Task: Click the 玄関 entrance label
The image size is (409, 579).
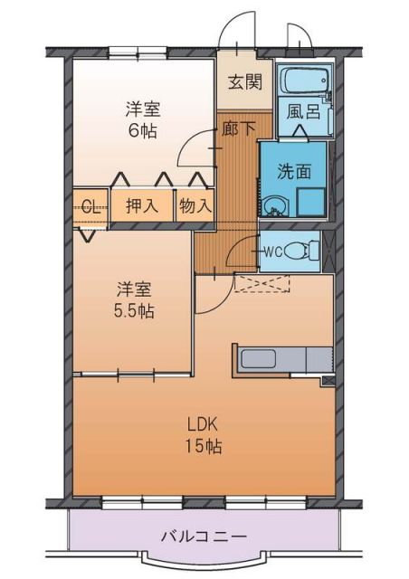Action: [x=244, y=82]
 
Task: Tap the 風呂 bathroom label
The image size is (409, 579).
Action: [x=301, y=113]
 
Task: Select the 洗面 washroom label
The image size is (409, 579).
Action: [x=295, y=169]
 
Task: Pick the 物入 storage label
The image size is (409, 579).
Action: [x=195, y=205]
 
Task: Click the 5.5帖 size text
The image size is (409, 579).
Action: [x=133, y=311]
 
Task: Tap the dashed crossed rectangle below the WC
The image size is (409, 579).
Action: [x=262, y=282]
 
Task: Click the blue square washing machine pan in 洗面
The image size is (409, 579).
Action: [x=310, y=201]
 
